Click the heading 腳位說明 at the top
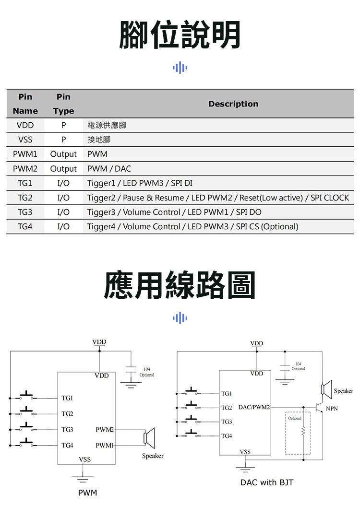pyautogui.click(x=180, y=35)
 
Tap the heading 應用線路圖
pyautogui.click(x=180, y=285)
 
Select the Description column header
pyautogui.click(x=233, y=104)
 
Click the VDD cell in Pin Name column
pyautogui.click(x=25, y=126)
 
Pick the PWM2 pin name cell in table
pyautogui.click(x=25, y=169)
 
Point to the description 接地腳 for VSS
pyautogui.click(x=99, y=140)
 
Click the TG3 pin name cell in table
pyautogui.click(x=25, y=212)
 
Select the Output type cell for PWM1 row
pyautogui.click(x=63, y=154)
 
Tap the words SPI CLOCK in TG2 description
pyautogui.click(x=330, y=198)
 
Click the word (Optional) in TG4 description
pyautogui.click(x=280, y=226)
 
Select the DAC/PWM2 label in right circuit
pyautogui.click(x=254, y=408)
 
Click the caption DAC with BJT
pyautogui.click(x=267, y=482)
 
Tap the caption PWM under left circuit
pyautogui.click(x=87, y=493)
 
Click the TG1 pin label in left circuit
pyautogui.click(x=67, y=399)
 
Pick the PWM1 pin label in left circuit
pyautogui.click(x=104, y=446)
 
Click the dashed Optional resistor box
pyautogui.click(x=298, y=433)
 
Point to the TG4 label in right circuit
pyautogui.click(x=227, y=436)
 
